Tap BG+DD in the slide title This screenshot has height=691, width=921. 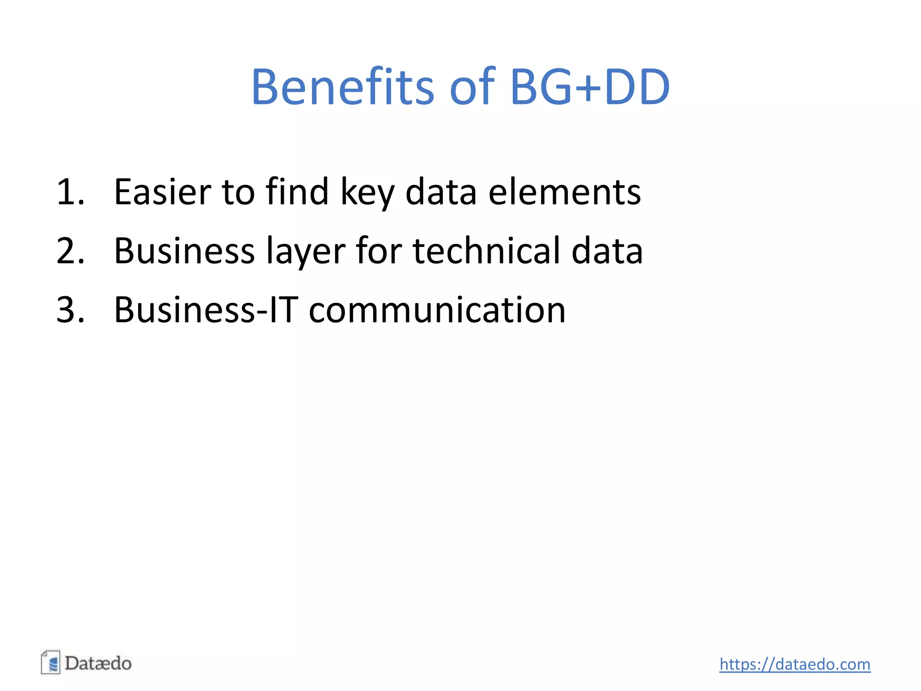pyautogui.click(x=590, y=86)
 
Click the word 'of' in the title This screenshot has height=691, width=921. pyautogui.click(x=472, y=86)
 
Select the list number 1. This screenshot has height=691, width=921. pyautogui.click(x=70, y=192)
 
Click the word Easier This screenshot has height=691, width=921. pyautogui.click(x=162, y=192)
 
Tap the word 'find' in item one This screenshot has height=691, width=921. pyautogui.click(x=297, y=192)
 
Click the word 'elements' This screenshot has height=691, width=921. pyautogui.click(x=564, y=192)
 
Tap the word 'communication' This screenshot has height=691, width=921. pyautogui.click(x=437, y=310)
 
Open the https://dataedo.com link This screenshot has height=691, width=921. pyautogui.click(x=795, y=664)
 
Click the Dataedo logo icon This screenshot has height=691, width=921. pyautogui.click(x=50, y=663)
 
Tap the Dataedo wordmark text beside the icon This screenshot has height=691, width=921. pyautogui.click(x=98, y=664)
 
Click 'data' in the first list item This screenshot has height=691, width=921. pyautogui.click(x=441, y=192)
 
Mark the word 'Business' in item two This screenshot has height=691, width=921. pyautogui.click(x=184, y=251)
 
